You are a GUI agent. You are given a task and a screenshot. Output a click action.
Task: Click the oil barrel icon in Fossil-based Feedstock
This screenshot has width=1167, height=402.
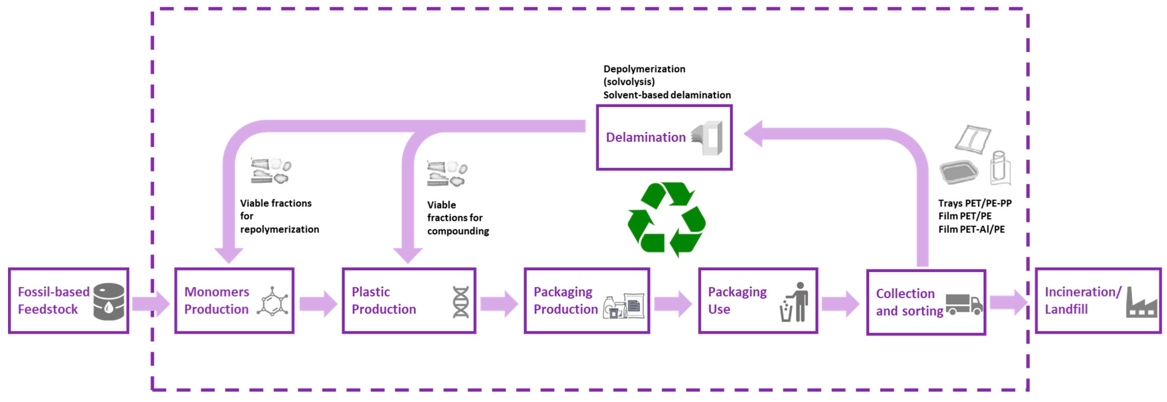click(x=109, y=301)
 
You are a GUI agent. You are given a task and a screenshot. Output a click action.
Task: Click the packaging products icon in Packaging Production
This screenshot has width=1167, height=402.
click(x=623, y=306)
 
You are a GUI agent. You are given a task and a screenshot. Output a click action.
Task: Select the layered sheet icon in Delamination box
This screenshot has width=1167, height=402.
click(x=707, y=138)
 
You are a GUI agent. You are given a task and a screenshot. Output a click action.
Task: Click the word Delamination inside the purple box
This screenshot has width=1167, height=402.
click(x=645, y=137)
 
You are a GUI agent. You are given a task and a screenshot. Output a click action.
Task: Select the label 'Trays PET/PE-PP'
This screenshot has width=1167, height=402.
click(x=975, y=203)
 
